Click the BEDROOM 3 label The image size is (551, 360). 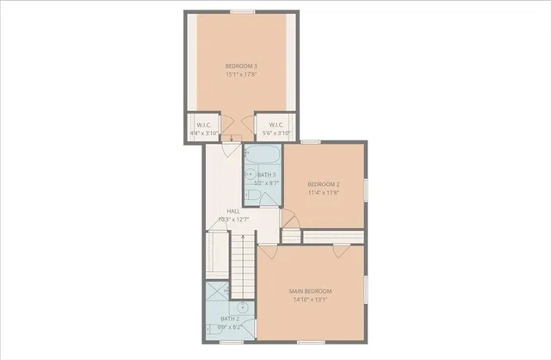click(241, 66)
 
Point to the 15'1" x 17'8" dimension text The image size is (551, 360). click(241, 74)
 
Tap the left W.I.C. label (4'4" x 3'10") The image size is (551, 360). click(204, 124)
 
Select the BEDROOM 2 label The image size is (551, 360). click(324, 184)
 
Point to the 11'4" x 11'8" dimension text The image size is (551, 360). click(324, 192)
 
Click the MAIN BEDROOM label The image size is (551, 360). click(310, 291)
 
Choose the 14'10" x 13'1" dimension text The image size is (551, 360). click(310, 300)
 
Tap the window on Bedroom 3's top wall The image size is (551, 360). click(242, 11)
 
